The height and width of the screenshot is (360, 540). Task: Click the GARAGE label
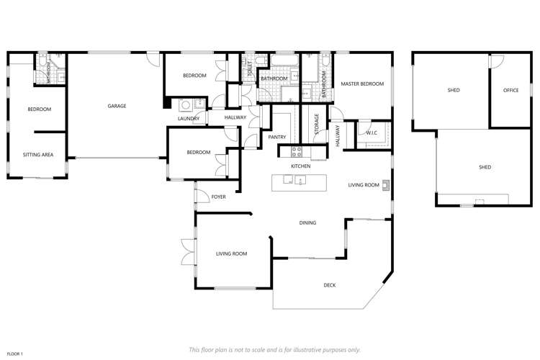point(117,106)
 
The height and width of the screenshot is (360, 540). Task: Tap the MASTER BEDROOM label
point(362,84)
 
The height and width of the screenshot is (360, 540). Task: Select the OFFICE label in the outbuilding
point(511,90)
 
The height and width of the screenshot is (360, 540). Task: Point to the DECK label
point(330,285)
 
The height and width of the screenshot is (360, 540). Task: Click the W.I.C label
point(372,132)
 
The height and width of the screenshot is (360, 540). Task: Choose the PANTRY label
point(277,137)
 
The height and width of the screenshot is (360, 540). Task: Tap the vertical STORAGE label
point(316,124)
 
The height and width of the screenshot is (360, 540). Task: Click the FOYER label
point(218,197)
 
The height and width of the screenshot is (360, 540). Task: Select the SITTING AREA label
point(38,155)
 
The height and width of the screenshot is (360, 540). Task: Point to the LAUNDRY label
point(189,119)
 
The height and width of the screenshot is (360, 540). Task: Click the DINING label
point(307,223)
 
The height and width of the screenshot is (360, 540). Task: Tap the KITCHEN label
point(300,166)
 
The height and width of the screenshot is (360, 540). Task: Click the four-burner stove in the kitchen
point(295,151)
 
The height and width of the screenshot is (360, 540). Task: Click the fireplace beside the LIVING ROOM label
point(387,185)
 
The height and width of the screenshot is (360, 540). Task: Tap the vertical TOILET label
point(250,70)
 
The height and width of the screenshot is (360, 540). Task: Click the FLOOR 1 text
point(15,354)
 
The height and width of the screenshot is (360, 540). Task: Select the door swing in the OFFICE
point(495,61)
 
